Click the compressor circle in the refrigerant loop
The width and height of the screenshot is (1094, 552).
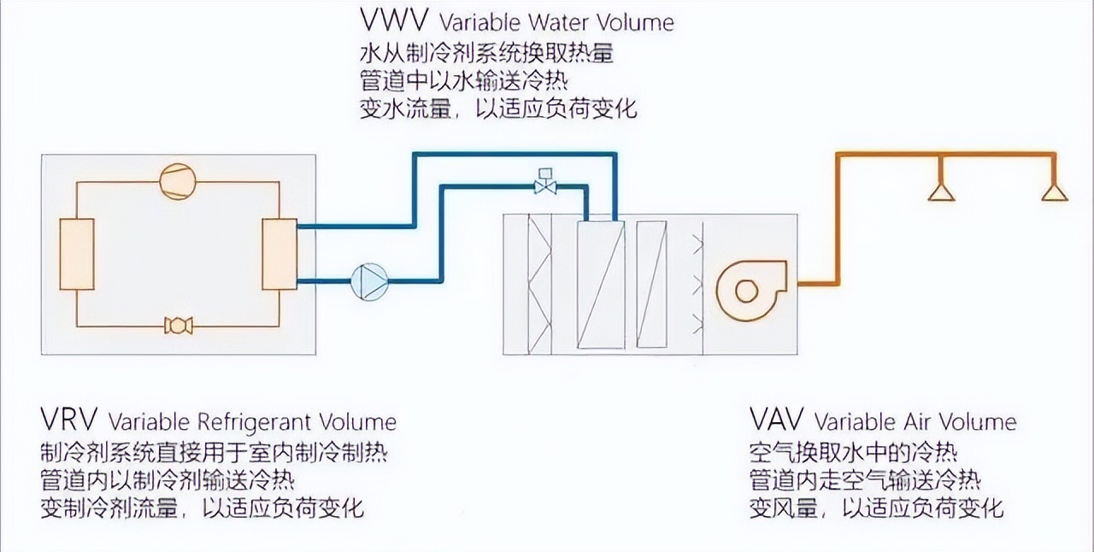coord(178,182)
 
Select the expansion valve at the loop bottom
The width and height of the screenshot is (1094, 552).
coord(178,326)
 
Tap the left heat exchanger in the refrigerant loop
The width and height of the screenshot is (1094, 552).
coord(76,254)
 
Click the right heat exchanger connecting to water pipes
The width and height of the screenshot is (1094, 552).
coord(279,254)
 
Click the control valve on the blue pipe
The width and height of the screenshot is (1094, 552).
coord(544,183)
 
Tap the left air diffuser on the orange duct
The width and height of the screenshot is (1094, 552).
coord(941,190)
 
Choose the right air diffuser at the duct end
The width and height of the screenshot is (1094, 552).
coord(1055,190)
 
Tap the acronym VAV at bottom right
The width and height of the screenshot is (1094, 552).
coord(777,420)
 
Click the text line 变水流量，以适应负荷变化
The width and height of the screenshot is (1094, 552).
coord(498,109)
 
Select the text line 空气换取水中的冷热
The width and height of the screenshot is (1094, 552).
coord(853,450)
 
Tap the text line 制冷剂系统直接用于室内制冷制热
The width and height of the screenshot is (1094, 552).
coord(219,450)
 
